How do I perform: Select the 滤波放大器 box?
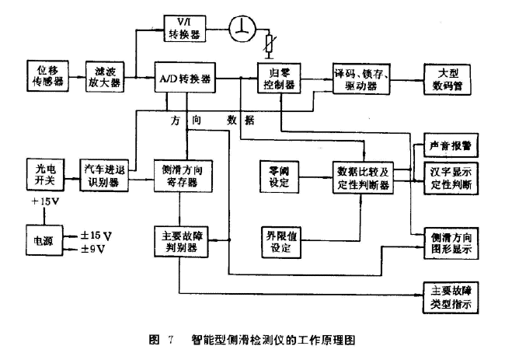tap(106, 75)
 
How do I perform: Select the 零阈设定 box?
tap(278, 177)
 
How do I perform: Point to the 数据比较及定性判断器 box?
tap(363, 177)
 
